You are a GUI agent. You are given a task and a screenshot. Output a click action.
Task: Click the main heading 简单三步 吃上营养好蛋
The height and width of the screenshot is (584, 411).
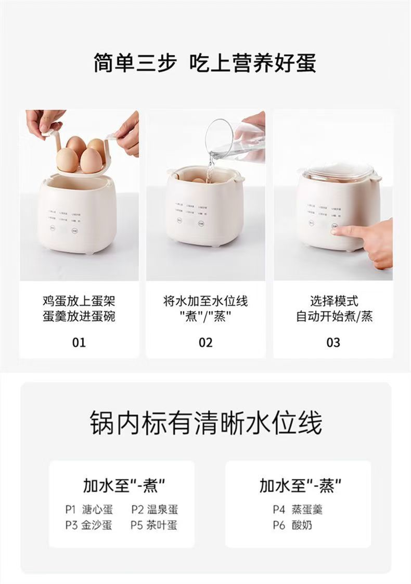tap(205, 62)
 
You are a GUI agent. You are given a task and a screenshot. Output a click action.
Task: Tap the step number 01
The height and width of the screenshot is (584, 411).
tap(79, 342)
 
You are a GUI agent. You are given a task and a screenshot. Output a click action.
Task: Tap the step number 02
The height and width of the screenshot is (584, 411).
tap(205, 342)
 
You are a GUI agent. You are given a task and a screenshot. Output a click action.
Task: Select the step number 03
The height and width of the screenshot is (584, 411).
tap(333, 342)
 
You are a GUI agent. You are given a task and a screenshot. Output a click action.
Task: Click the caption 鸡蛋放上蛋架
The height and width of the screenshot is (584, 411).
tap(79, 301)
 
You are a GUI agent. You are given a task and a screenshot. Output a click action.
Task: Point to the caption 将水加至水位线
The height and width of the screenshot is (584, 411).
tap(205, 301)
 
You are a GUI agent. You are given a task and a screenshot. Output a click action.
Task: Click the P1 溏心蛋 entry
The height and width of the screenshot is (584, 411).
tap(88, 510)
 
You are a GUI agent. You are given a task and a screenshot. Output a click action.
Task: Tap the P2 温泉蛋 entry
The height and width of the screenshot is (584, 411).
tap(155, 510)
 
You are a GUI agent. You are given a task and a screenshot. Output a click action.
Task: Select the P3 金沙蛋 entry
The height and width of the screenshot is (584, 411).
tap(88, 525)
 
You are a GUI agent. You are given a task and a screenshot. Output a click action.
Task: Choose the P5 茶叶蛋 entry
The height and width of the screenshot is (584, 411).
tap(155, 525)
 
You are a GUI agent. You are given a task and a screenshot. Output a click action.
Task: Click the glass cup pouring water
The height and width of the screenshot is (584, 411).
tap(232, 139)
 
